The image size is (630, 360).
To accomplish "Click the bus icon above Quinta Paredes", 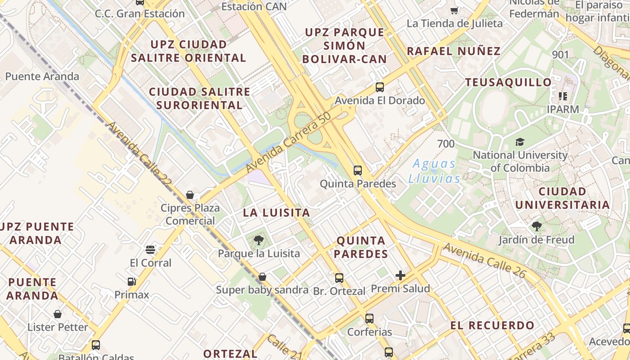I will tap(358, 171).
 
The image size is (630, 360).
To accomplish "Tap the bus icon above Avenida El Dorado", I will tap(380, 87).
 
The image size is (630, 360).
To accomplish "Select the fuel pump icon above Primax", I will tap(131, 282).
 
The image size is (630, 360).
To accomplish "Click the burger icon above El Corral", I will tap(150, 250).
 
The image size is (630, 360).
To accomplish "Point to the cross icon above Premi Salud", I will tap(400, 275).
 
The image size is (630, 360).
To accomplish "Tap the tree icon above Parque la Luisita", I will tap(259, 240).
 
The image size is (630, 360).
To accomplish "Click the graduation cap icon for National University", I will tap(520, 142).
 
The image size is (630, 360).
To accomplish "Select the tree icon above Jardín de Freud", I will tap(536, 226).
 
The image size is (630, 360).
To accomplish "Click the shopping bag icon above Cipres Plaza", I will tap(190, 195).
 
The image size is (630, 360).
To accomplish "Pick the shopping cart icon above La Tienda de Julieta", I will tap(454, 10).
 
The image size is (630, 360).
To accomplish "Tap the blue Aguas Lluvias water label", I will tap(434, 171).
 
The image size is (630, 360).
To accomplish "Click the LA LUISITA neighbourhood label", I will tap(277, 213).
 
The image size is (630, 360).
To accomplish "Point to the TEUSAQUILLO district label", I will tap(508, 82).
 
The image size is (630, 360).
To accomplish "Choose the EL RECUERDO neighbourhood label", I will tap(493, 325).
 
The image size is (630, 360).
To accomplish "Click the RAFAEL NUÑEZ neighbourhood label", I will tap(454, 51).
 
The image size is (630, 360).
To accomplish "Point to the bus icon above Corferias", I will tap(369, 319).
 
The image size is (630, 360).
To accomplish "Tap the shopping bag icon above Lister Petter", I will tap(58, 314).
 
